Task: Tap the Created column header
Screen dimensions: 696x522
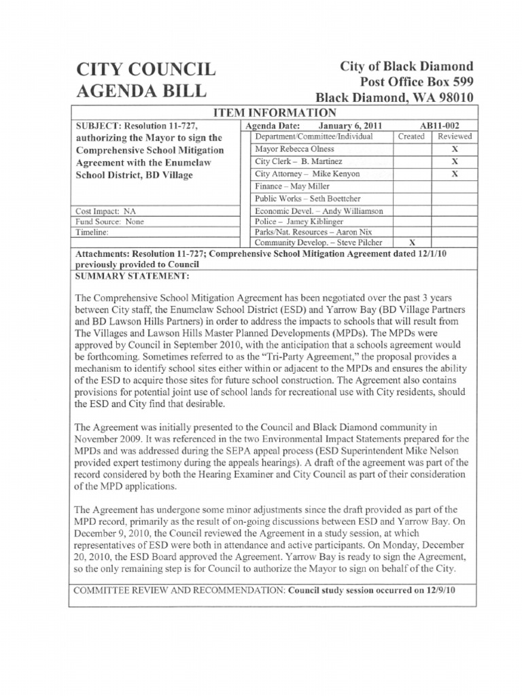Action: pos(411,137)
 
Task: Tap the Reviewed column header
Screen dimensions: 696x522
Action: pos(454,137)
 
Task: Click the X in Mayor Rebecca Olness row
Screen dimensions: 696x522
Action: pos(455,149)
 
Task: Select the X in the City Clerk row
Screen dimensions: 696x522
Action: pos(455,162)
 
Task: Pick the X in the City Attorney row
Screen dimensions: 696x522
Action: pos(455,174)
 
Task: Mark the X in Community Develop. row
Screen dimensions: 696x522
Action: pos(411,242)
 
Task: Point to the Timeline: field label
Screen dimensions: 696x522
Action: pos(95,232)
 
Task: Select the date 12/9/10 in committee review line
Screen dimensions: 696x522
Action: pos(440,590)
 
